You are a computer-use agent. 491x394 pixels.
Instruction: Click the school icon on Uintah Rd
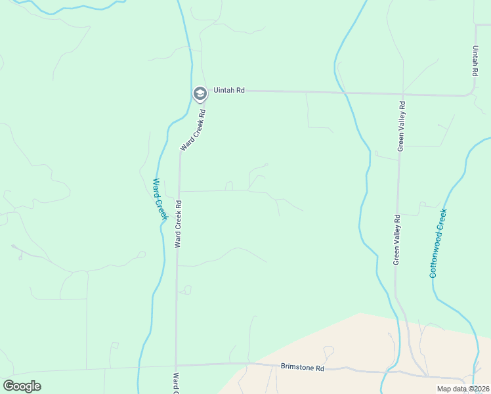200,94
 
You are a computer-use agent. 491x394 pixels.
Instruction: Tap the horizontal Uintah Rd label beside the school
228,90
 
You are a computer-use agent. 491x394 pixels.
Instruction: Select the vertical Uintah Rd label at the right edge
475,60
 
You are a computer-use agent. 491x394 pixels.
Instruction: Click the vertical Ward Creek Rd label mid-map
177,224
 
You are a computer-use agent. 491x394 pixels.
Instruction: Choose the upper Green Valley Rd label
402,126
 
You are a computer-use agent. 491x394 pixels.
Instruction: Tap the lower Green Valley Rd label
396,240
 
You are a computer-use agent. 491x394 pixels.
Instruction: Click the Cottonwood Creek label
438,243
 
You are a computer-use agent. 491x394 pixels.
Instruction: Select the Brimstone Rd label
303,368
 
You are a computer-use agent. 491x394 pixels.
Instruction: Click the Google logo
22,386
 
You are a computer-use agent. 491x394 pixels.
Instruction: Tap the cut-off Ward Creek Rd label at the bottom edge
176,384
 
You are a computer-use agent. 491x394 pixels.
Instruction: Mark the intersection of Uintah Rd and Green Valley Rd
401,93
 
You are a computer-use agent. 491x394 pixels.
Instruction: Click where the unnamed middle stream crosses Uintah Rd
342,93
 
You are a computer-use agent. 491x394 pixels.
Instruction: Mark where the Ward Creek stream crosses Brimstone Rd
140,366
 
